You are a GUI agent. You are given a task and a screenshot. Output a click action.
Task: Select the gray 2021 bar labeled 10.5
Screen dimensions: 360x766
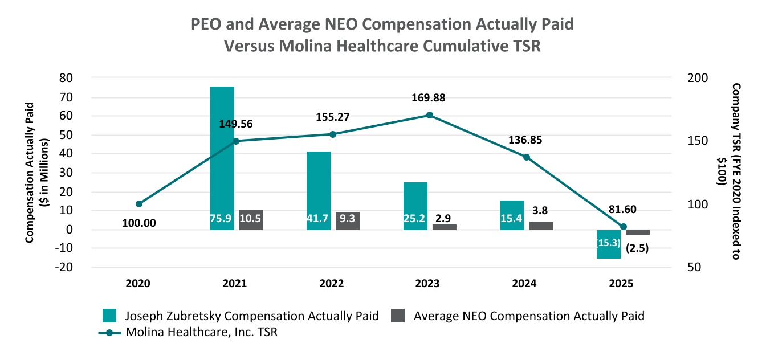[251, 220]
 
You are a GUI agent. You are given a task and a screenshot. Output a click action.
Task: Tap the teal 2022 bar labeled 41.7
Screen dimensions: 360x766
[319, 191]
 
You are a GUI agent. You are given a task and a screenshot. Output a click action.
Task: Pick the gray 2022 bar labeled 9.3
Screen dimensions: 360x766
[348, 221]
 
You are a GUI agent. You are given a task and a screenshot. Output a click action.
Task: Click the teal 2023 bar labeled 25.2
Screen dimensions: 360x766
[415, 206]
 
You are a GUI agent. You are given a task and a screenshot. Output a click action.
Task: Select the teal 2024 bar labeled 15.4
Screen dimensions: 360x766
[512, 215]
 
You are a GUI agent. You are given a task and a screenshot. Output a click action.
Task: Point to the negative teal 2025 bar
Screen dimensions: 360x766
[609, 244]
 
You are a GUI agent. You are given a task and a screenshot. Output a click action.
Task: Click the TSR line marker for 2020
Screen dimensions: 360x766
[139, 204]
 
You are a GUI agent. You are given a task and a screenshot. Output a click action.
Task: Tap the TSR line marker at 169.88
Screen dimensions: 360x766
[430, 115]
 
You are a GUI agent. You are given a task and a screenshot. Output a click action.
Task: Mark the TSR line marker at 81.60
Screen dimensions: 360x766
[623, 227]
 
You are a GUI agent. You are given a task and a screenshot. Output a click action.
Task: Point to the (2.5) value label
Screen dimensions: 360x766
[638, 248]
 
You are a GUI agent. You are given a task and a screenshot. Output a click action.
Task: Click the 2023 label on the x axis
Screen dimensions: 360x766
[429, 283]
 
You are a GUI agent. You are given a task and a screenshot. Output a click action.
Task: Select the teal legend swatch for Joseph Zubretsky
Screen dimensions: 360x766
[109, 316]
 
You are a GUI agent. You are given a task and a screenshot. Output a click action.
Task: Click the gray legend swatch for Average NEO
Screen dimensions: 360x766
[398, 316]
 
